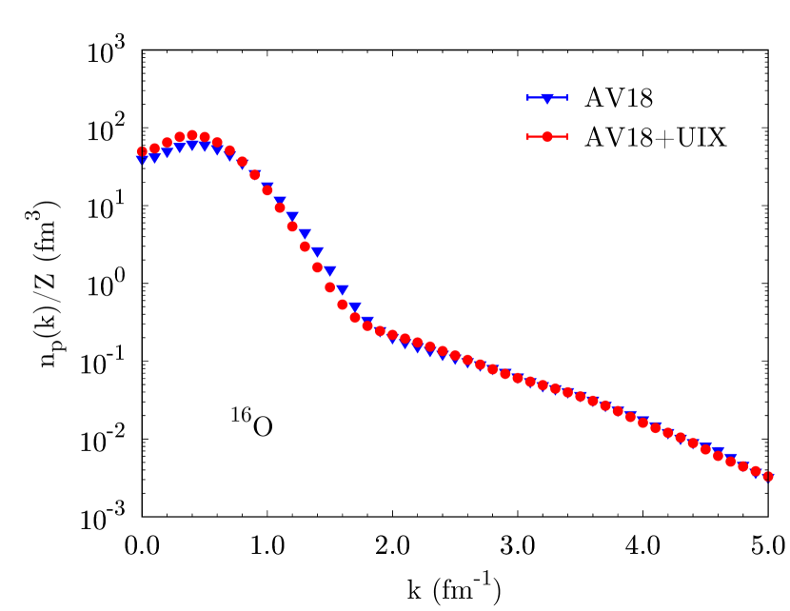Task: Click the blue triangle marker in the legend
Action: click(x=547, y=98)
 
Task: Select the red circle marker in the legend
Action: click(x=547, y=137)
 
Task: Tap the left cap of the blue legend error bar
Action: click(x=528, y=98)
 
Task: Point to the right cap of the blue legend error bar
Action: click(x=566, y=98)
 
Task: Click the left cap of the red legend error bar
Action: click(x=528, y=137)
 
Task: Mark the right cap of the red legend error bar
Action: click(x=566, y=137)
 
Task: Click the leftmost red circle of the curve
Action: click(x=142, y=151)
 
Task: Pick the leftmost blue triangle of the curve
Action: click(x=142, y=159)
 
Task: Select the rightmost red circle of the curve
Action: click(x=768, y=476)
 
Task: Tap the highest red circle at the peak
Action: click(x=192, y=135)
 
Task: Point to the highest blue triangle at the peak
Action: click(x=192, y=145)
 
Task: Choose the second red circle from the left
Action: click(x=154, y=148)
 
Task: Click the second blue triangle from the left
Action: click(x=154, y=157)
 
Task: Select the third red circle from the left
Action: click(x=167, y=142)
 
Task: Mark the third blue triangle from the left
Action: click(x=167, y=152)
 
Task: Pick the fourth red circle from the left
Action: click(x=179, y=137)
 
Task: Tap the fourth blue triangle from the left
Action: click(x=179, y=148)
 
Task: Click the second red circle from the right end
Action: click(x=756, y=471)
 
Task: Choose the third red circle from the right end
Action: click(x=743, y=466)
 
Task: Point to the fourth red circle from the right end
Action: click(x=731, y=462)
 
